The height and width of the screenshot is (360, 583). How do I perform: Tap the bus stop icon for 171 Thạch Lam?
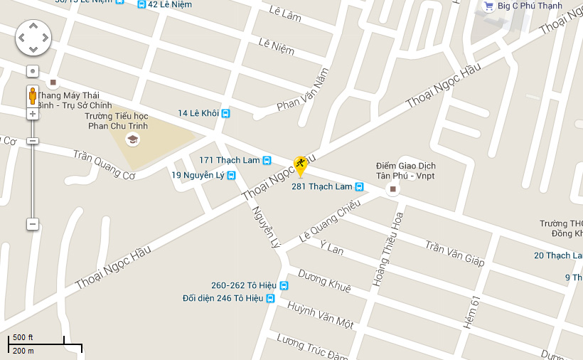[267, 160]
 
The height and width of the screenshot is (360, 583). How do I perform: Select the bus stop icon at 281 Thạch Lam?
[360, 187]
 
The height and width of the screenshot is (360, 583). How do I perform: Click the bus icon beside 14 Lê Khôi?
[226, 113]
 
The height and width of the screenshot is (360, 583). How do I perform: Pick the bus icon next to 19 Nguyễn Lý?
[232, 175]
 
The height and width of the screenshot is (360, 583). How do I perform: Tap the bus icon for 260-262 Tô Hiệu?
[284, 285]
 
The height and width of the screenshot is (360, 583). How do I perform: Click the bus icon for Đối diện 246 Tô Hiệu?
[270, 299]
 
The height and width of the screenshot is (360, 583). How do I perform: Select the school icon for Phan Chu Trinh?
[132, 140]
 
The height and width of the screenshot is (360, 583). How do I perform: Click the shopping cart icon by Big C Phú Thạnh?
[488, 6]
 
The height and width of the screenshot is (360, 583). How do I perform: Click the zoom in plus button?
[33, 114]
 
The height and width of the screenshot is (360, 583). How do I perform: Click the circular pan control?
[33, 37]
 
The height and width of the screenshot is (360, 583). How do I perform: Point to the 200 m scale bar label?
[23, 351]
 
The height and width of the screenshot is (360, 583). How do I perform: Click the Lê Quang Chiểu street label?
[330, 221]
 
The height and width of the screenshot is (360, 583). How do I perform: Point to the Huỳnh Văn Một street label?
[321, 315]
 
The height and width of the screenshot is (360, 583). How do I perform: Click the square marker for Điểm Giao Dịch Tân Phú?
[392, 189]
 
